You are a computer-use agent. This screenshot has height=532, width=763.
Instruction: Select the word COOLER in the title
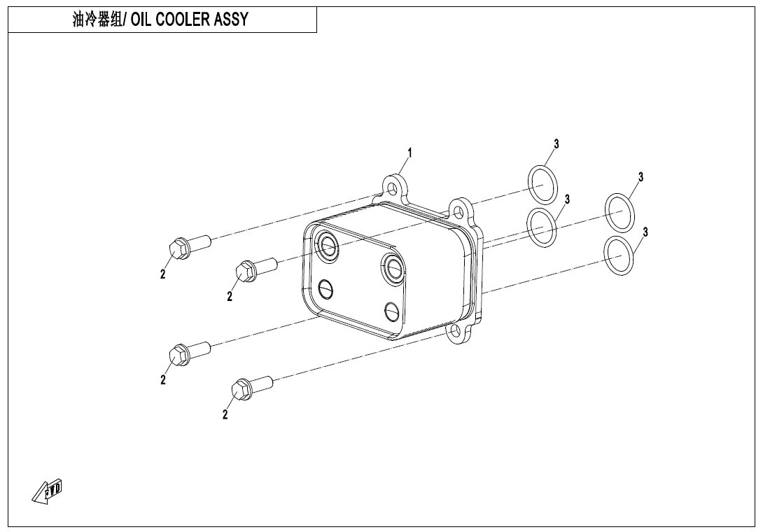pos(183,20)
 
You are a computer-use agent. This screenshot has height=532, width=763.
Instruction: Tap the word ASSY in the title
pos(231,20)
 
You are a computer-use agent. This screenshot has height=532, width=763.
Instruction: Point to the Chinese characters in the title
pos(97,20)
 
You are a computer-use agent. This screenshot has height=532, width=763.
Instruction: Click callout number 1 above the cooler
pos(409,153)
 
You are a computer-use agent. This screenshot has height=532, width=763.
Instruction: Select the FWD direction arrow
pos(48,491)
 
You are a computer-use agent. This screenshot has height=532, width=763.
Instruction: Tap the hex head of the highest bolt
pos(178,248)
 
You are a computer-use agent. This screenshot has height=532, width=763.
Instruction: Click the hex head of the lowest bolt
pos(242,391)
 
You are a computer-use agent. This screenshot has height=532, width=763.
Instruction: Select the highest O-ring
pos(542,185)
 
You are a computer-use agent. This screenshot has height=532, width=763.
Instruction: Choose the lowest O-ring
pos(619,256)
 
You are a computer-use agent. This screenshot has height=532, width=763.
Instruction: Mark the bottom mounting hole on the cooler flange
pos(455,331)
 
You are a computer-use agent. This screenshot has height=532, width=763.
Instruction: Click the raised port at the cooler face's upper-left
pos(326,247)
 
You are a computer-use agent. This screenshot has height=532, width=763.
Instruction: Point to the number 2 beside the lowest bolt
pos(225,414)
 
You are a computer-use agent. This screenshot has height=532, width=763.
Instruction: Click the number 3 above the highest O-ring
pos(556,144)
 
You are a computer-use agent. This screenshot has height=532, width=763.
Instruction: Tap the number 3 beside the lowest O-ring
pos(645,232)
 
